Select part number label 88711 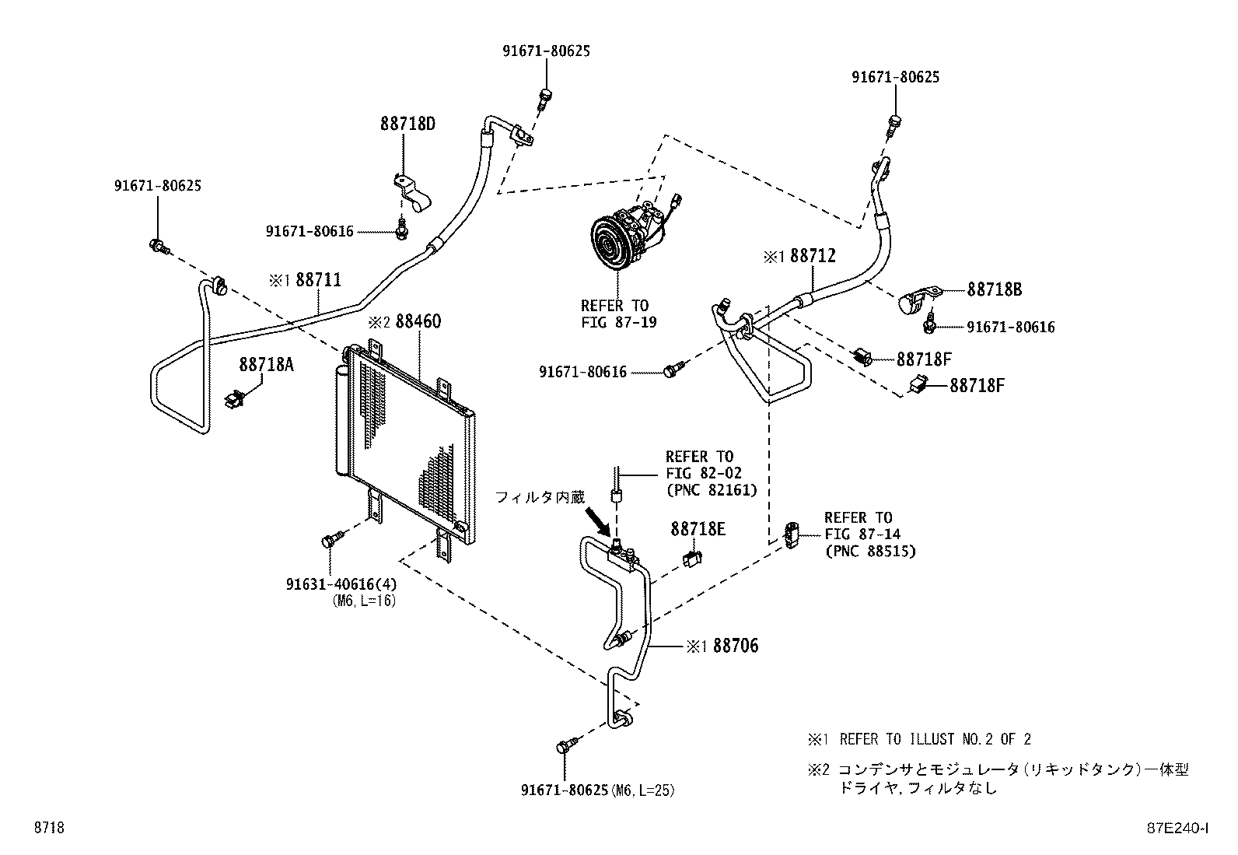[x=317, y=280]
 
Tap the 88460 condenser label [x=418, y=321]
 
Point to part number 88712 [x=813, y=256]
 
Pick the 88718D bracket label [x=407, y=124]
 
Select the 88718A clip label [x=266, y=364]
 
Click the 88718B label [x=995, y=289]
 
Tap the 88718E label [x=698, y=529]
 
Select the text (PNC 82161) [x=711, y=490]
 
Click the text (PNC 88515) [x=870, y=551]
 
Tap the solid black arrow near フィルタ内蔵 [x=600, y=520]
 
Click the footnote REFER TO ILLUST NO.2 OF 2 [x=935, y=739]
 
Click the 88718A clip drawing [x=235, y=398]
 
